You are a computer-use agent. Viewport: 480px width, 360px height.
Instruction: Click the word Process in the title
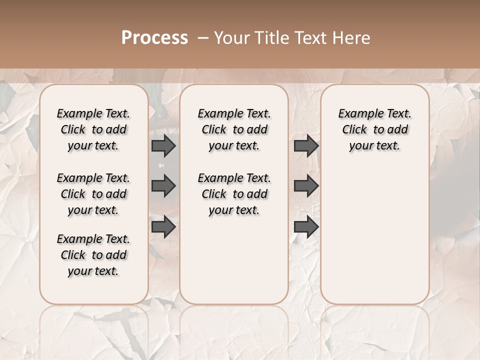click(154, 37)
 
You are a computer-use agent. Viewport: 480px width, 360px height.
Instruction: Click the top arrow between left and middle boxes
click(163, 146)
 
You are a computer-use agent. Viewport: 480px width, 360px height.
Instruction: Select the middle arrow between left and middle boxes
click(163, 186)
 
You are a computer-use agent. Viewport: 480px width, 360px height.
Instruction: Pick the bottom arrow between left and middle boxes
click(163, 226)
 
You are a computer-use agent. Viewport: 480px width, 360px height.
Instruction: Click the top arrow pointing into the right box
click(306, 146)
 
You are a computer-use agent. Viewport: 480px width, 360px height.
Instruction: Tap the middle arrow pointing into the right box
click(306, 186)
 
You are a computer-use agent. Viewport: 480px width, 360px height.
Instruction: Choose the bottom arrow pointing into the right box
click(306, 226)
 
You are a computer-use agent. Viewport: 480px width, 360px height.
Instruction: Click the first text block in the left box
click(93, 129)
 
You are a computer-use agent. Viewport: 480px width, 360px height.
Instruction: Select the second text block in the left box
click(93, 194)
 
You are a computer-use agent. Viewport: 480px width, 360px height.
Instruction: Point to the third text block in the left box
click(93, 255)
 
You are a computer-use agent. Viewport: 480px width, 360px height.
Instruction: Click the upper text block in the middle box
click(234, 129)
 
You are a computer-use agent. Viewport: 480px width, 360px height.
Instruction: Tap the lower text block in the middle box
click(234, 194)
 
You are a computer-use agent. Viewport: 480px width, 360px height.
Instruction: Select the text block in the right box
click(374, 129)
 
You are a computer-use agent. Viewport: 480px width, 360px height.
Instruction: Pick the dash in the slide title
click(203, 37)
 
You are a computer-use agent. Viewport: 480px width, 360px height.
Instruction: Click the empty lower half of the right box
click(374, 240)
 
